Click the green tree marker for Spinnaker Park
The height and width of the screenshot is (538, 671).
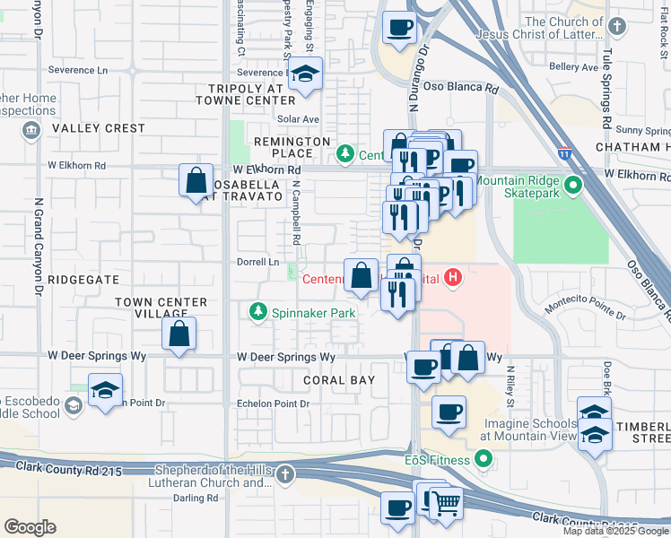point(257,312)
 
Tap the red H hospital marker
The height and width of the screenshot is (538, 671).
point(453,278)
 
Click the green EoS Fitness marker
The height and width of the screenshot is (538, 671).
point(484,461)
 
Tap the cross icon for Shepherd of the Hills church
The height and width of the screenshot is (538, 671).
point(284,474)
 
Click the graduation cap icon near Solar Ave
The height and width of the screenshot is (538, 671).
point(306,75)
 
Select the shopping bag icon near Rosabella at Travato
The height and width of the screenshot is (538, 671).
point(196,181)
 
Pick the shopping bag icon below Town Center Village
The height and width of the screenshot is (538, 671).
point(179,334)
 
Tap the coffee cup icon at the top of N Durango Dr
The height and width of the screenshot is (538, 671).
point(400,27)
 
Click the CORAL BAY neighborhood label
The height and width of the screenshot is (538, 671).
point(338,379)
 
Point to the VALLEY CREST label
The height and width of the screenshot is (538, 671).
point(98,128)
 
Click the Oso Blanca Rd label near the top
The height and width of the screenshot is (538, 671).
point(461,89)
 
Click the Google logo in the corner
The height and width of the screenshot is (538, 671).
point(30,527)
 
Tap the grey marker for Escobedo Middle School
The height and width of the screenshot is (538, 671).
point(73,406)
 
